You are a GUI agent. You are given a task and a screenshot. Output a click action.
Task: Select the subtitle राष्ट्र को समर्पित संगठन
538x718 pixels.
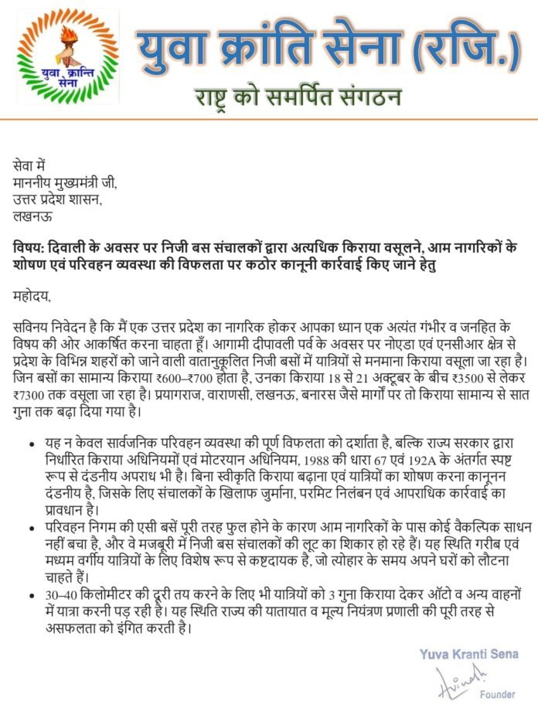297,98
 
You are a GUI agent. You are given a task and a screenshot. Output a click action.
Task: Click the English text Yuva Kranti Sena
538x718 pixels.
468,655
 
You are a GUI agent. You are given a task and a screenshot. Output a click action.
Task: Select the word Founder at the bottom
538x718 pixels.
497,694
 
